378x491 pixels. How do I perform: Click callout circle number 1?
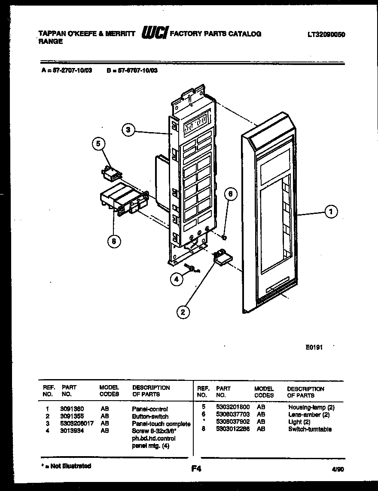[x=331, y=211]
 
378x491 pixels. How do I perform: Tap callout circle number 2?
[x=183, y=312]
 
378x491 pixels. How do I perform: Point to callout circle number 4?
[x=176, y=279]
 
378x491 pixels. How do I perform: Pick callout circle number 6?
[x=231, y=194]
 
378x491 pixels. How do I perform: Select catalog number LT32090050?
[x=326, y=35]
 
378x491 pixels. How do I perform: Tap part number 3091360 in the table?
[x=72, y=409]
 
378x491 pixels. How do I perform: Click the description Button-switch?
[x=150, y=416]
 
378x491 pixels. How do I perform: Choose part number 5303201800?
[x=232, y=407]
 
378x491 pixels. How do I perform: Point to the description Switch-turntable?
[x=310, y=429]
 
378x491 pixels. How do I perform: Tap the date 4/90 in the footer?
[x=338, y=470]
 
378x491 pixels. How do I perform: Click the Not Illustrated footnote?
[x=66, y=466]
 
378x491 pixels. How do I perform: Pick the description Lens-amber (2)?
[x=309, y=414]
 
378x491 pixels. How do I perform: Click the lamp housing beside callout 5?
[x=110, y=173]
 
